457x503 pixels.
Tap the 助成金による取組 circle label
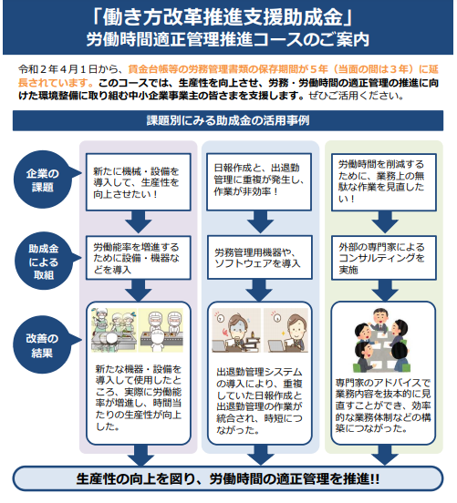point(43,262)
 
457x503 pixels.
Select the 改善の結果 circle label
point(42,344)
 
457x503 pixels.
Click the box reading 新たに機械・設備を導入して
point(139,182)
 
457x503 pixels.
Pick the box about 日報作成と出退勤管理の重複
point(259,182)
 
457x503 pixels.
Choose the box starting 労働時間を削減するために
point(384,182)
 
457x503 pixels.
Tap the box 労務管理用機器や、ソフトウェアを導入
point(259,257)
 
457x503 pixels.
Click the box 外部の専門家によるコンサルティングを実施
point(384,258)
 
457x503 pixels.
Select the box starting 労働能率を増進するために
point(139,258)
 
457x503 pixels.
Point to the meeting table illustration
point(382,340)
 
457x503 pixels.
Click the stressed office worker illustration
point(236,331)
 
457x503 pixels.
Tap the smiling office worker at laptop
point(286,331)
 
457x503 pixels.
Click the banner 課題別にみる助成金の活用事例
point(228,120)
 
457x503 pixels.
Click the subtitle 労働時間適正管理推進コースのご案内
point(228,40)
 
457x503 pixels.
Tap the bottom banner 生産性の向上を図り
point(228,478)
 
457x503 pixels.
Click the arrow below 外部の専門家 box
point(385,291)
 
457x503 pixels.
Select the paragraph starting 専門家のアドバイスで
point(383,405)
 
